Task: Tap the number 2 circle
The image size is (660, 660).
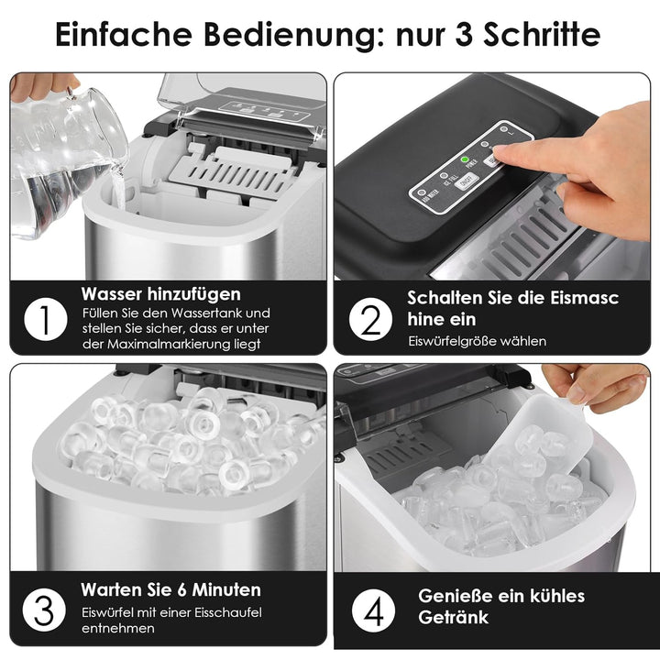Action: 369,319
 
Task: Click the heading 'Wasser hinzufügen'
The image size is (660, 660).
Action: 160,294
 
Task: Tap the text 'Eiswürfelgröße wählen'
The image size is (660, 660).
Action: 477,341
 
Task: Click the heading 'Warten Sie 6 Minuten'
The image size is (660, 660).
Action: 170,589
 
